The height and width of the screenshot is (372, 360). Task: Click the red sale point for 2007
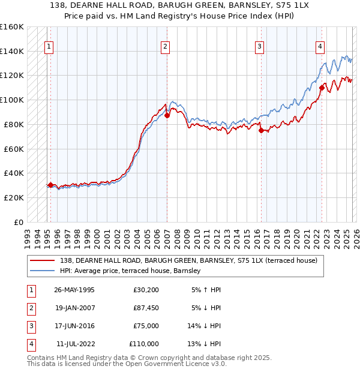coord(167,115)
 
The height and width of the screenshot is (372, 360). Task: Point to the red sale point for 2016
coord(261,130)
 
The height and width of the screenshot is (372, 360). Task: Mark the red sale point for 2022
coord(322,88)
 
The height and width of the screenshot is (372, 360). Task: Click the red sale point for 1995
coord(50,185)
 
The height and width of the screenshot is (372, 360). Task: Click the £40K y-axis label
coord(14,173)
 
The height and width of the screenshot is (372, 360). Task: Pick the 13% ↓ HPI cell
coord(204,344)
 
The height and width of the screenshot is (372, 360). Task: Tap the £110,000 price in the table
coord(143,344)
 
